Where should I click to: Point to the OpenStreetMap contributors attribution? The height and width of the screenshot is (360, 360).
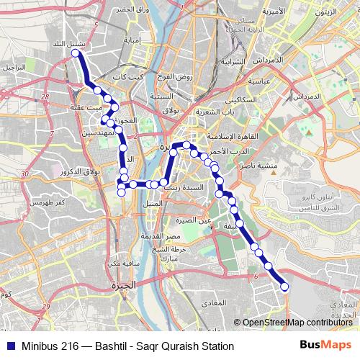[x=297, y=323]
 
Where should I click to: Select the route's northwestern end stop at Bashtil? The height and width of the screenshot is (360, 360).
[x=75, y=53]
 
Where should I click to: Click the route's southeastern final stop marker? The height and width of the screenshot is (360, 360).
[x=284, y=287]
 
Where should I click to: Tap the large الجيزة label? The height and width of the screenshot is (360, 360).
[x=123, y=286]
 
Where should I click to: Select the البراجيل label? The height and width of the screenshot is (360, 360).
[x=13, y=66]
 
